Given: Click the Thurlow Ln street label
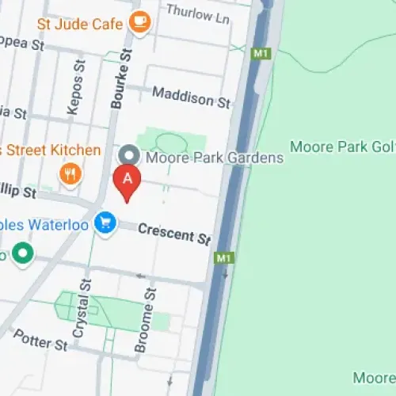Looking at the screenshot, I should [x=200, y=13].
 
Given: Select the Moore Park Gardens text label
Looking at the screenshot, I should [x=214, y=158].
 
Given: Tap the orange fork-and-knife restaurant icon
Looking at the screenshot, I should [x=71, y=173].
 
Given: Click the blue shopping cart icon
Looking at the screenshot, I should [x=105, y=224].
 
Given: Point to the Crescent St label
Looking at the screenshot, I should [x=173, y=233].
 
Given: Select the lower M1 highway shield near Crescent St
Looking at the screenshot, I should [x=223, y=259].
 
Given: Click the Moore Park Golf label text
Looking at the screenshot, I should [x=342, y=147].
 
